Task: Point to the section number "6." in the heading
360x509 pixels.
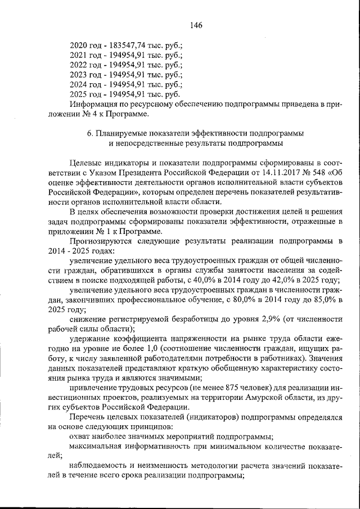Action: [x=90, y=134]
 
